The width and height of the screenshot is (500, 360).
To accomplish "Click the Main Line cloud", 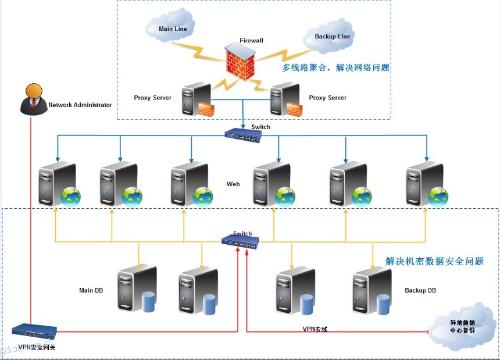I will click(x=172, y=28).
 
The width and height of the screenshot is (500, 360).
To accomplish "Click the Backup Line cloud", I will click(x=333, y=37).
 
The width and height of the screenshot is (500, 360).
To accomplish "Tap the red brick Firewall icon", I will click(x=240, y=63).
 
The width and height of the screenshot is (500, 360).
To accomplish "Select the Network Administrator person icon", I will click(x=33, y=99).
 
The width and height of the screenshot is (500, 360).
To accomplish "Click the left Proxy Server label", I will click(x=152, y=98).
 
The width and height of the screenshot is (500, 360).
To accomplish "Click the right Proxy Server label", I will click(x=327, y=98).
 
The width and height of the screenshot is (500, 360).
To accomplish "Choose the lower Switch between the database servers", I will click(x=240, y=241).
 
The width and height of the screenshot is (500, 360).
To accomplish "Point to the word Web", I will click(x=233, y=184).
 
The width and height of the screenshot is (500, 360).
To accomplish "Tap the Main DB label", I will click(x=91, y=290).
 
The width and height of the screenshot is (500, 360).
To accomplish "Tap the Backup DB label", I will click(x=420, y=290).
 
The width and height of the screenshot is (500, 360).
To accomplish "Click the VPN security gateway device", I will click(x=35, y=332).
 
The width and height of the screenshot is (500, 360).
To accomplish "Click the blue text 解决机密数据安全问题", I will click(x=434, y=262).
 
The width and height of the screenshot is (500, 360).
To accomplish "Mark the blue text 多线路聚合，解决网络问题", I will click(x=335, y=68).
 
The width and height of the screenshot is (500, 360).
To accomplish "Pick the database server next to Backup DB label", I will click(x=372, y=290).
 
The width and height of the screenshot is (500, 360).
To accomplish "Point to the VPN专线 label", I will click(x=315, y=329).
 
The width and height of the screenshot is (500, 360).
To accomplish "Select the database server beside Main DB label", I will click(x=137, y=290).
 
